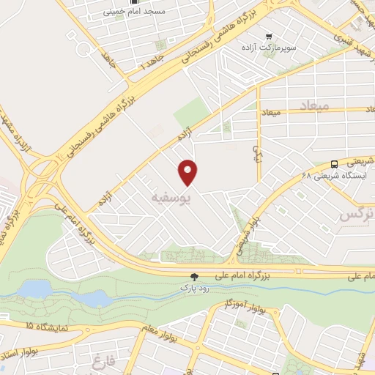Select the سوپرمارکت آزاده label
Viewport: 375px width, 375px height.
coord(270,47)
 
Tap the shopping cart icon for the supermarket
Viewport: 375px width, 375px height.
coord(270,34)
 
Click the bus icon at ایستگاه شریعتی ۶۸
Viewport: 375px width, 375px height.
coord(334,164)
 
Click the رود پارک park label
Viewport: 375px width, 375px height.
coord(195,288)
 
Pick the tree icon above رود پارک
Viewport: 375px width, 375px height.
coord(195,277)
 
